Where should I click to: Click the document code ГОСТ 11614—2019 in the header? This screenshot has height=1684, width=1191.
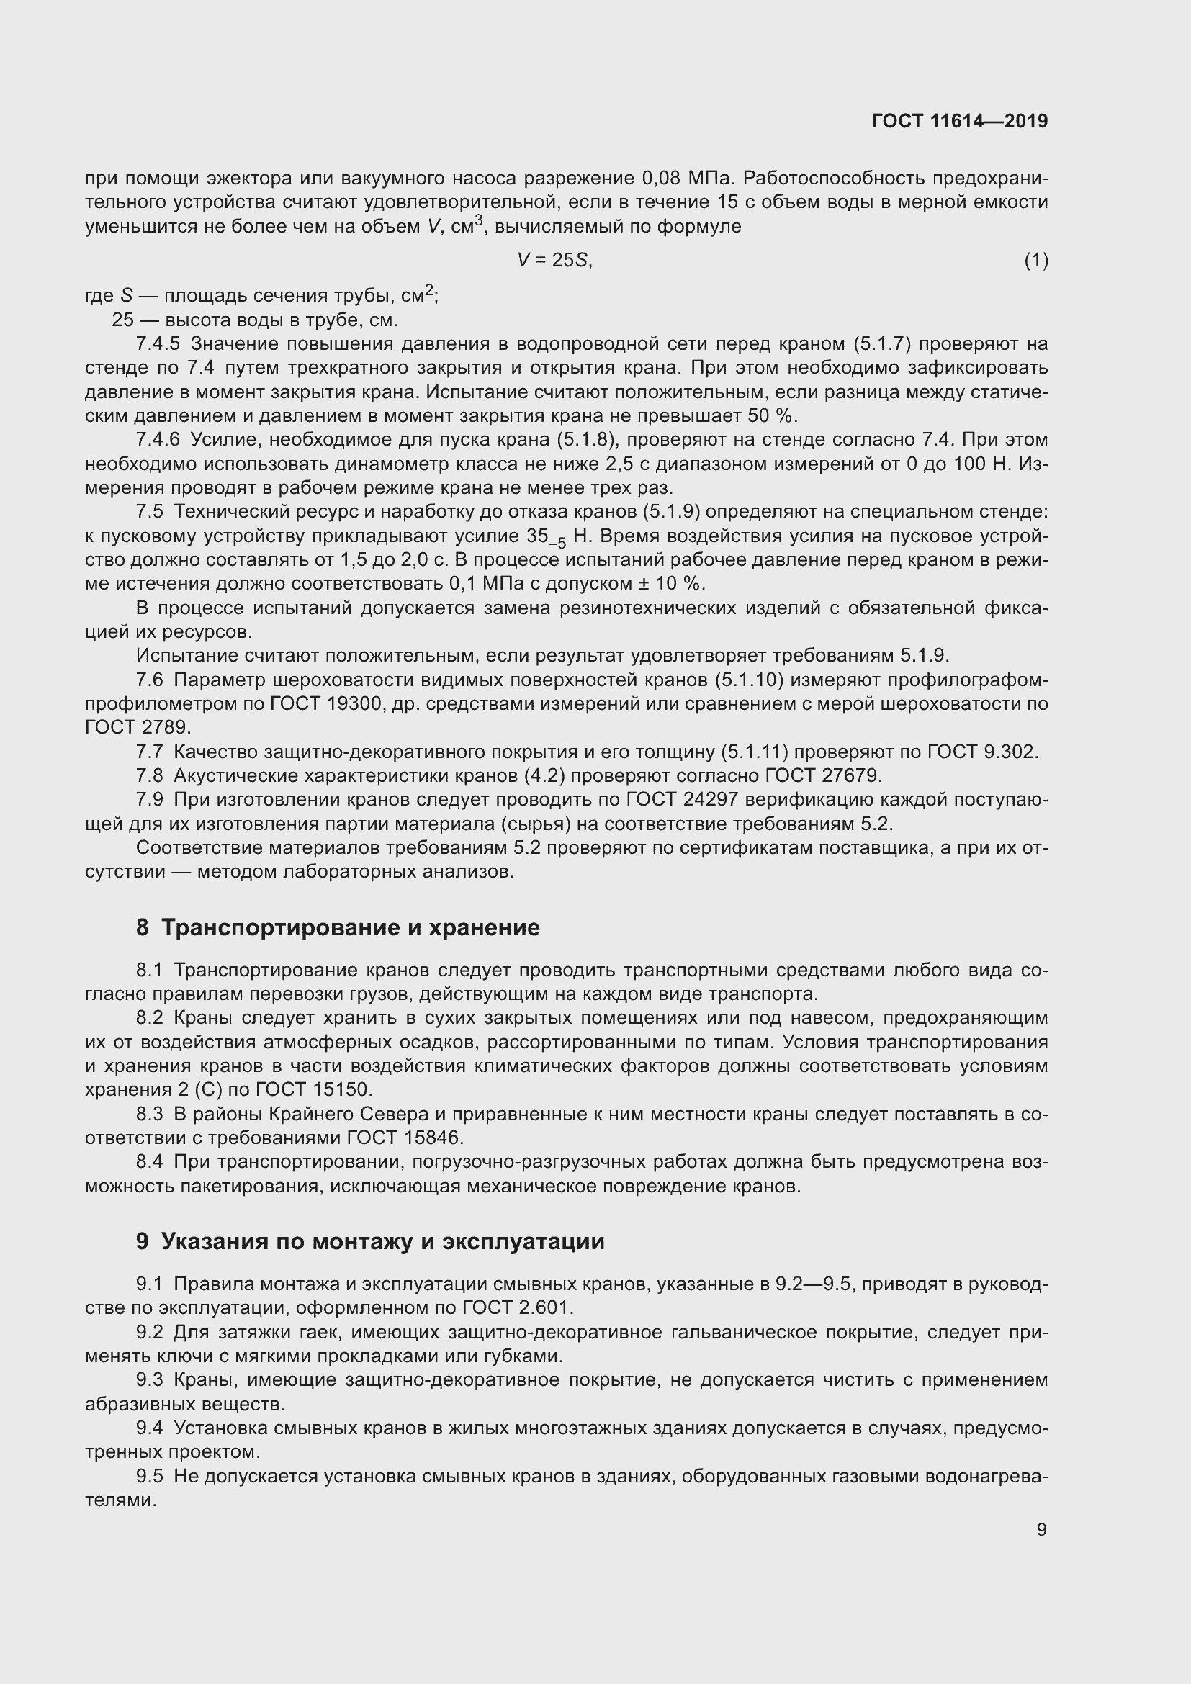pyautogui.click(x=959, y=121)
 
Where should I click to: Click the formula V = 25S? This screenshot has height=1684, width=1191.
pyautogui.click(x=554, y=260)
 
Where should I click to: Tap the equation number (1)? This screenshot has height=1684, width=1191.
pyautogui.click(x=1035, y=260)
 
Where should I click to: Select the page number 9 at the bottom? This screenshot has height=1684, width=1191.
pyautogui.click(x=1041, y=1529)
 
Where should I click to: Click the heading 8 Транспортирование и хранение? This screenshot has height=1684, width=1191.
pyautogui.click(x=338, y=928)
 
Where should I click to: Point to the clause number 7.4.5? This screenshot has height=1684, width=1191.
pyautogui.click(x=158, y=343)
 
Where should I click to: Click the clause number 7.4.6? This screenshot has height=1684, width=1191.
pyautogui.click(x=158, y=439)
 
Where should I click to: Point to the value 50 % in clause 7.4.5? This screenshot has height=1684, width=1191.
pyautogui.click(x=770, y=416)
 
